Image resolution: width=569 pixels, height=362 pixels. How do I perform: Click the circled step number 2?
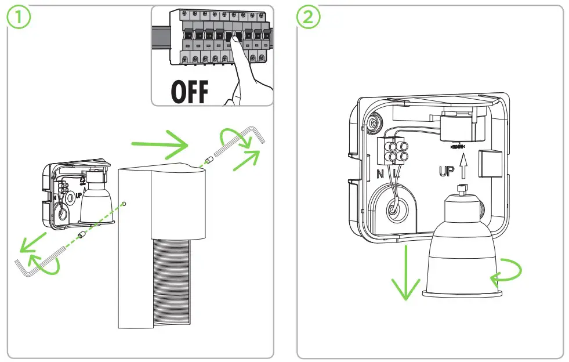tap(308, 17)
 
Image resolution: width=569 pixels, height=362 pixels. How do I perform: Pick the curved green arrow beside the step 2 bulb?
tap(507, 273)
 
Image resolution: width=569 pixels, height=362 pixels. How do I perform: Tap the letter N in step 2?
tap(380, 173)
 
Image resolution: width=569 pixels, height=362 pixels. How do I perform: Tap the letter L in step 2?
tap(395, 173)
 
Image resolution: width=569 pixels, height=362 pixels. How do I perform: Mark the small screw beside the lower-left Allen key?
tap(82, 236)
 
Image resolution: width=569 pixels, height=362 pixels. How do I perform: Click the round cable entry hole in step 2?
tap(394, 209)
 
